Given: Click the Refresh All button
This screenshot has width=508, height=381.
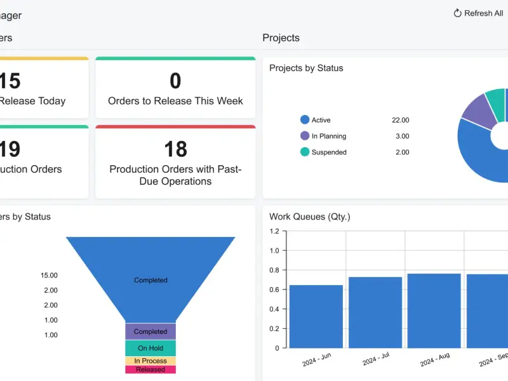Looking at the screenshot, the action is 478,13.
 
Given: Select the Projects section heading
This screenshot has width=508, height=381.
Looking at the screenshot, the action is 281,37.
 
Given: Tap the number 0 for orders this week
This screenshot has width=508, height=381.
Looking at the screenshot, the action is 175,81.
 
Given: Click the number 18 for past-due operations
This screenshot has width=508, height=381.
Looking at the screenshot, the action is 176,149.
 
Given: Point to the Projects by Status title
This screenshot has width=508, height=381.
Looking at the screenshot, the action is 306,68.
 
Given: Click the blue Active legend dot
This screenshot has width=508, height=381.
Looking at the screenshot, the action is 305,119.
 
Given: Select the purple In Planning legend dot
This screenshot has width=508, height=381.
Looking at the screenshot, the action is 305,136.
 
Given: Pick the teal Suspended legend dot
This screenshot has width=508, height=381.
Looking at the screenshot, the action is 305,152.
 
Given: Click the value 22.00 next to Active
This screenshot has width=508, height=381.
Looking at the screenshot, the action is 401,120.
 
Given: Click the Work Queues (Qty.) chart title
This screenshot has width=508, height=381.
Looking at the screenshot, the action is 310,217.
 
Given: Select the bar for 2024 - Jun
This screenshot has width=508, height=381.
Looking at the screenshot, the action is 316,316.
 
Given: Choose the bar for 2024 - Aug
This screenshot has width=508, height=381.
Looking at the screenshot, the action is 434,311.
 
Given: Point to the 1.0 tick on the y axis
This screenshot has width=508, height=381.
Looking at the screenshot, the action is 274,250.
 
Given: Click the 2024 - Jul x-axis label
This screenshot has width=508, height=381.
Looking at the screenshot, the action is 376,359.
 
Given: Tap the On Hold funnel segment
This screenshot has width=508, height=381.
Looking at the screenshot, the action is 150,348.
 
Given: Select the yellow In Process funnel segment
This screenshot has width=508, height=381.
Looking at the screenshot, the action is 150,361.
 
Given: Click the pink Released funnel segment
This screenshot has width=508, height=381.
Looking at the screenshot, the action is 150,370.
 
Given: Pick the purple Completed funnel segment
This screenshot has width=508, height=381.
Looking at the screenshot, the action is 150,331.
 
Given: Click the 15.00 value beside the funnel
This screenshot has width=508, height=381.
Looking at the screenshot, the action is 50,276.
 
